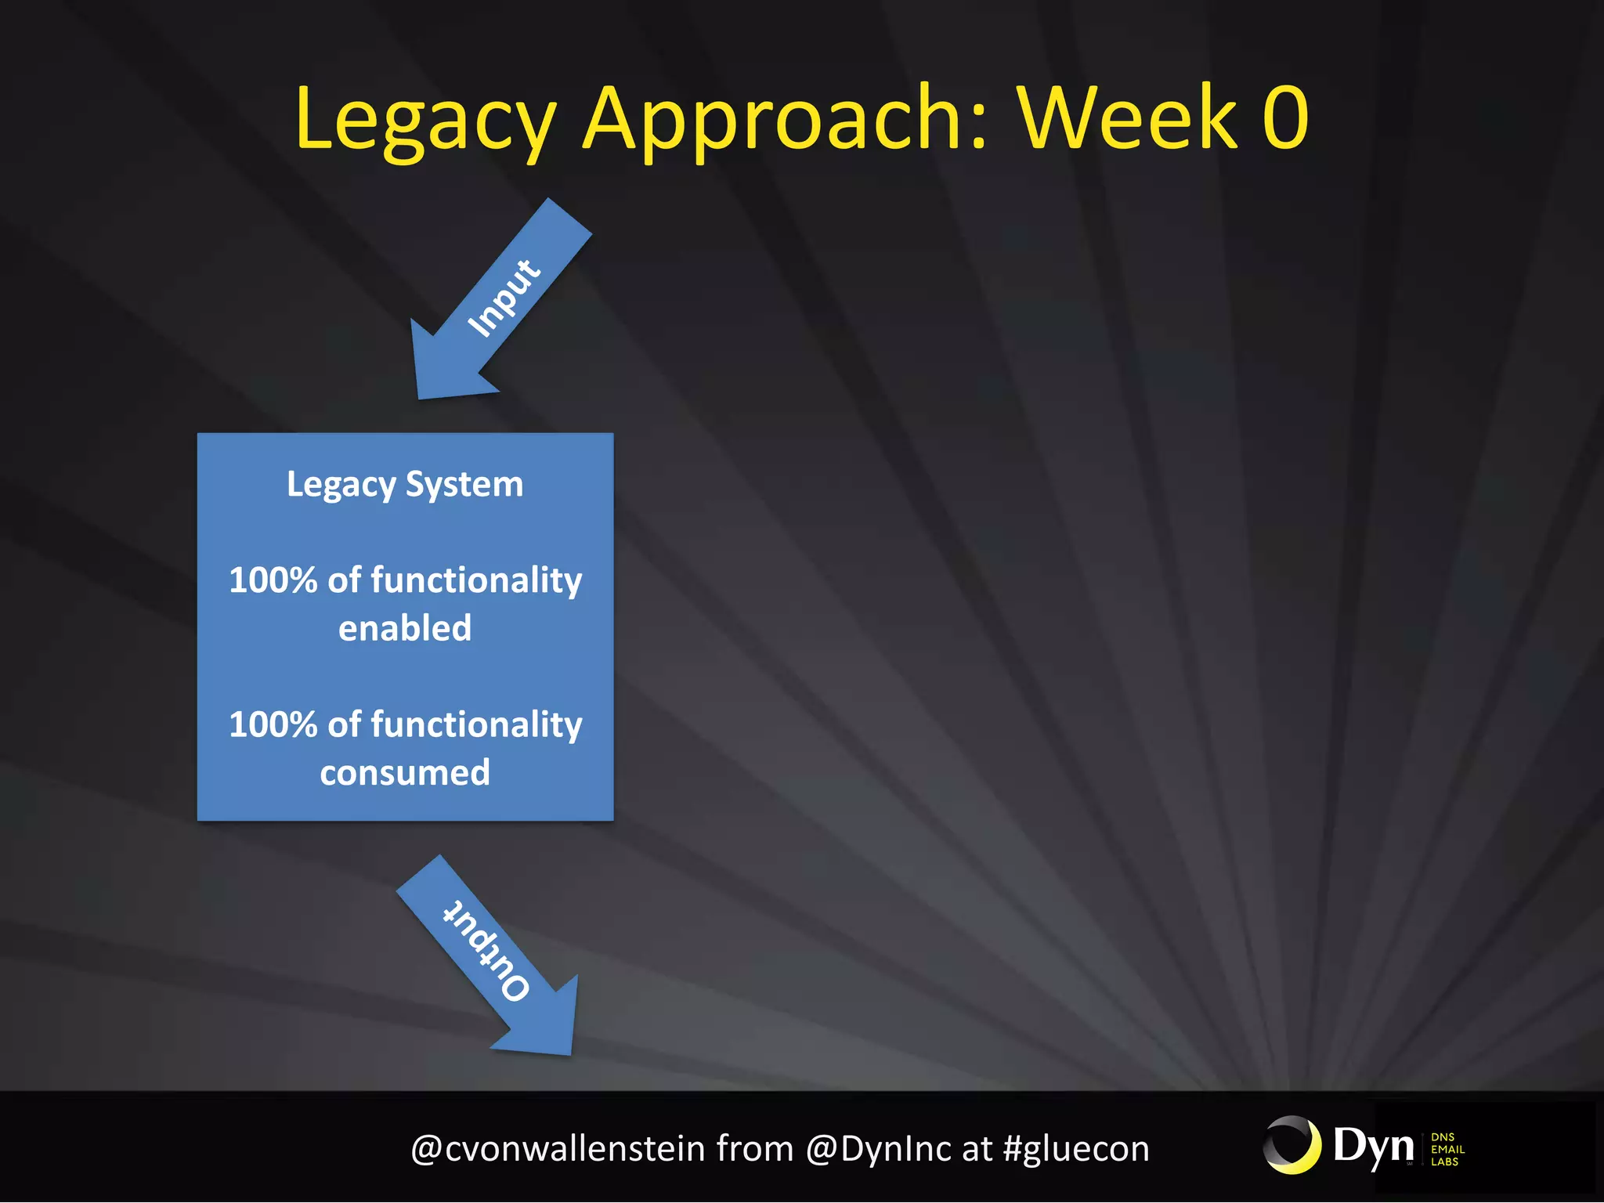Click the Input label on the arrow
(x=504, y=298)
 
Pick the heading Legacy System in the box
(x=405, y=485)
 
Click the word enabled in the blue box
(x=405, y=628)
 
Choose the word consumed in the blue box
(x=405, y=773)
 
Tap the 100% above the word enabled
(x=273, y=580)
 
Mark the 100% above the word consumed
(x=273, y=724)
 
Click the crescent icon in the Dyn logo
(x=1292, y=1146)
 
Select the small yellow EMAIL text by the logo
(x=1447, y=1149)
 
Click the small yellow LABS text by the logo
(x=1444, y=1161)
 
